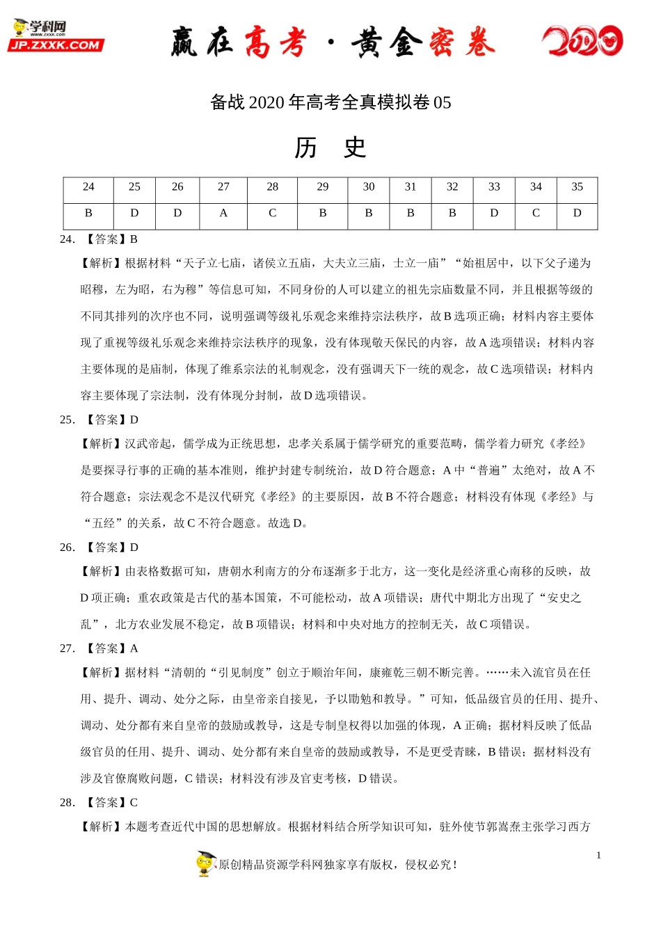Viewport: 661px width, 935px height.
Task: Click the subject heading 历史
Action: pyautogui.click(x=330, y=147)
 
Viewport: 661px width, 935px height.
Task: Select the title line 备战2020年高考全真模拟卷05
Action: pyautogui.click(x=330, y=102)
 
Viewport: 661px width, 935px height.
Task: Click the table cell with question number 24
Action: pyautogui.click(x=88, y=187)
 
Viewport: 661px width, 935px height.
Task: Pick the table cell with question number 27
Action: pyautogui.click(x=223, y=187)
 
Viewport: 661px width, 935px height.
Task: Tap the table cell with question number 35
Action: pyautogui.click(x=577, y=187)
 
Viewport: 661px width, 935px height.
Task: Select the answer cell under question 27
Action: pyautogui.click(x=223, y=214)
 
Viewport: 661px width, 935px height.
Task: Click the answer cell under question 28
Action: pyautogui.click(x=272, y=214)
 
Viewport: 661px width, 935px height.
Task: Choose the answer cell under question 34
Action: pyautogui.click(x=536, y=214)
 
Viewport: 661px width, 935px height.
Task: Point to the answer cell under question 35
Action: pyautogui.click(x=577, y=214)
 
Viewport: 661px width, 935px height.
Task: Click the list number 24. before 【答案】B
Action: pyautogui.click(x=67, y=239)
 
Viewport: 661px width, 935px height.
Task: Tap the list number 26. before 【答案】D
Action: pyautogui.click(x=67, y=548)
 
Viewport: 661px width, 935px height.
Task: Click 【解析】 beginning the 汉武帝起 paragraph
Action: pyautogui.click(x=102, y=444)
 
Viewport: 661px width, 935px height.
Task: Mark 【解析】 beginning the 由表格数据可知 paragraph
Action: pyautogui.click(x=102, y=572)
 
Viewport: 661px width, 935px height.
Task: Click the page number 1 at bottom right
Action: pyautogui.click(x=598, y=856)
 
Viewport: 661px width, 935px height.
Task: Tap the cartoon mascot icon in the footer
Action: pyautogui.click(x=205, y=864)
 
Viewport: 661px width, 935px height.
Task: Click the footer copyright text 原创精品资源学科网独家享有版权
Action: pyautogui.click(x=306, y=865)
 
